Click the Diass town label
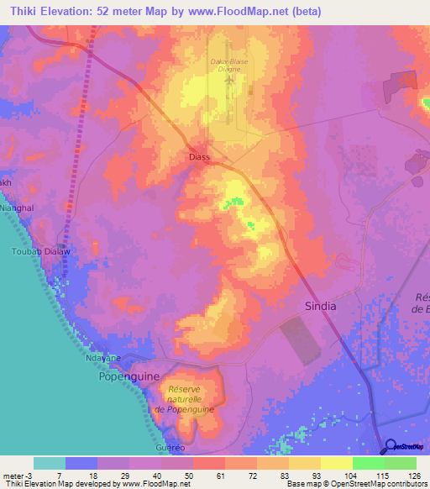(198, 157)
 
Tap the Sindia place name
(319, 307)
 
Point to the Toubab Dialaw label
(34, 250)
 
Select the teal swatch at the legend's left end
(49, 463)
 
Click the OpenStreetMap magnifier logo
(389, 446)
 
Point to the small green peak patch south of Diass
(233, 202)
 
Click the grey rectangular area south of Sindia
(300, 340)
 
